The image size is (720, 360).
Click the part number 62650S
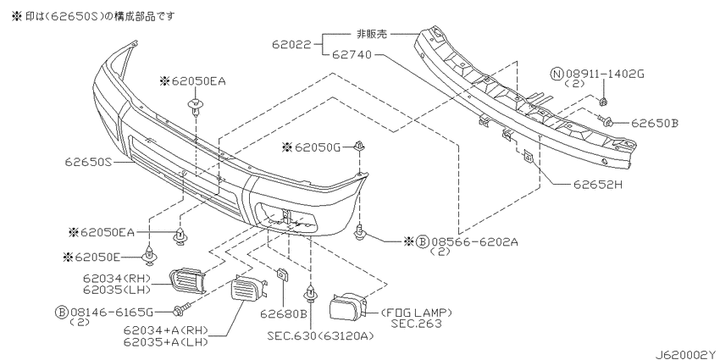tap(88, 162)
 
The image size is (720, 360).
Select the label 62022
tap(291, 45)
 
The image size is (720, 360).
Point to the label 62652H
tap(597, 185)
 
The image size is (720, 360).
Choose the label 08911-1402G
tap(604, 74)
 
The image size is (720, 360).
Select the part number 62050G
tap(318, 147)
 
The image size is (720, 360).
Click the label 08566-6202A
tap(474, 241)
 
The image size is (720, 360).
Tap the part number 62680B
tap(283, 314)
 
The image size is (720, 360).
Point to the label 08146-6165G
tap(112, 313)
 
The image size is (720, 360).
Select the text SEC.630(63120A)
tap(320, 336)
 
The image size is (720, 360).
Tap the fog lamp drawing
tap(348, 307)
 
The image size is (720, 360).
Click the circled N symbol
tap(557, 74)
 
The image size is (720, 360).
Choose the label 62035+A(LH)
tap(166, 342)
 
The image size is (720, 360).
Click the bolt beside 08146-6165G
tap(180, 309)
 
